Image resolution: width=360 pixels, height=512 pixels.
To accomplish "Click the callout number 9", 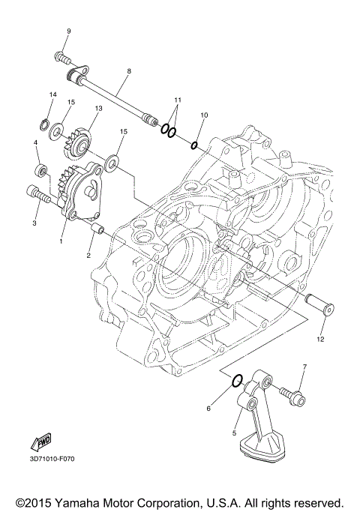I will coord(68,31).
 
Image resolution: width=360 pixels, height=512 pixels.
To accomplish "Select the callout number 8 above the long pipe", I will coord(128,70).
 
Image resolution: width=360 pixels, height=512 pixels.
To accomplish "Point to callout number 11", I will coord(178,100).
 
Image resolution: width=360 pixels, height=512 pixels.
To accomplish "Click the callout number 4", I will coord(35,142).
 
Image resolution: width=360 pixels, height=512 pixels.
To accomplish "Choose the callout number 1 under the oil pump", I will coord(62,242).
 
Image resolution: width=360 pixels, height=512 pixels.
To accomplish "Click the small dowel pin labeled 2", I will coord(96,227).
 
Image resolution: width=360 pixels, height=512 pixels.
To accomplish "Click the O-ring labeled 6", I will coord(236,380).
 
